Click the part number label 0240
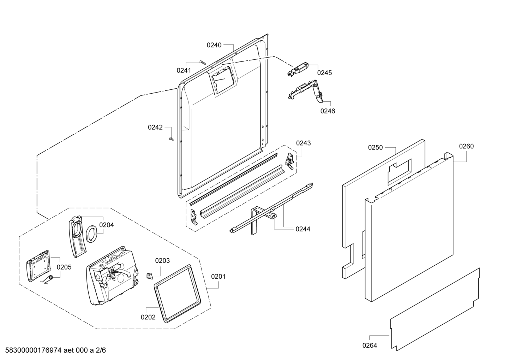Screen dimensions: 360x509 (214, 45)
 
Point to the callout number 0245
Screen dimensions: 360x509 (324, 73)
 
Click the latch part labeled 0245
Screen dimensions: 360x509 (298, 69)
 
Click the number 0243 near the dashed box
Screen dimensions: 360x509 (303, 143)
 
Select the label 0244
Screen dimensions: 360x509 (303, 229)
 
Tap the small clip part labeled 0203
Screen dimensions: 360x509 (149, 275)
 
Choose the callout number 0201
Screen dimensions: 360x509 (218, 276)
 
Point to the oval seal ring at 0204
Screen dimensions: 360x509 (91, 234)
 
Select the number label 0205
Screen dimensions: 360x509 (64, 267)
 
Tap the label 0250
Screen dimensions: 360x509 (375, 147)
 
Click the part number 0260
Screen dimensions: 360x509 (466, 146)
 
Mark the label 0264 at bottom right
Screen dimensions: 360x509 (370, 345)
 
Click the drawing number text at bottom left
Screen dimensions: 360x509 (53, 350)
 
